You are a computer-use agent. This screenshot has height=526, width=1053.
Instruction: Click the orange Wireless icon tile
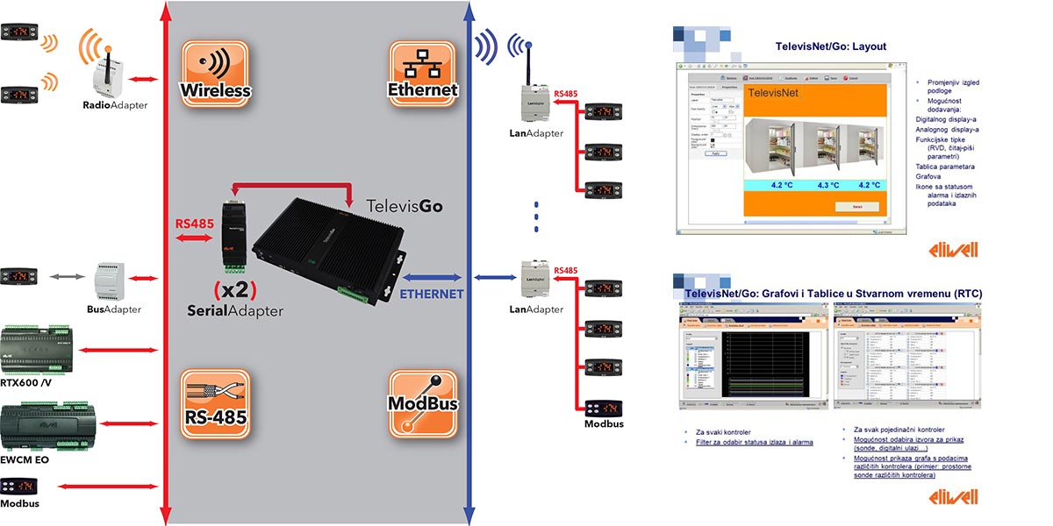pyautogui.click(x=215, y=75)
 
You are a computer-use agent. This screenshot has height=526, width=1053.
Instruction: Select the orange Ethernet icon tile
pyautogui.click(x=424, y=75)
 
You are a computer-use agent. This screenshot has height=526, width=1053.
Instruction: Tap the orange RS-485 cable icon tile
pyautogui.click(x=215, y=402)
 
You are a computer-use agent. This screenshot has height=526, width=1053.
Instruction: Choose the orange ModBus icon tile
pyautogui.click(x=424, y=402)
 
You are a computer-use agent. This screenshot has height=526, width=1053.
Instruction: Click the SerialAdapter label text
pyautogui.click(x=235, y=310)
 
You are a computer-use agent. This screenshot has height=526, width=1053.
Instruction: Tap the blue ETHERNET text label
pyautogui.click(x=432, y=294)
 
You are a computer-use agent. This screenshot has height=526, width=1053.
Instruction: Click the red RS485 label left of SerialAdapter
pyautogui.click(x=194, y=224)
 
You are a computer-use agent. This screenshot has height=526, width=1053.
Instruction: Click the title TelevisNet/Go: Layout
pyautogui.click(x=830, y=46)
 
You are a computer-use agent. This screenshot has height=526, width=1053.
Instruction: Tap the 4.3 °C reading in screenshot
pyautogui.click(x=827, y=185)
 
